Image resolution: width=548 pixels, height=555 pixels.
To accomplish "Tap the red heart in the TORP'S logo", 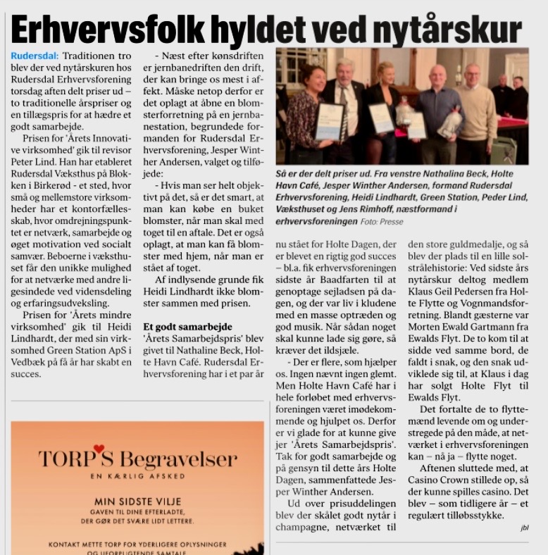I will (99, 448).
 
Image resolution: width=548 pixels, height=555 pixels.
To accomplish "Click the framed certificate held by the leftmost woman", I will (329, 121).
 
